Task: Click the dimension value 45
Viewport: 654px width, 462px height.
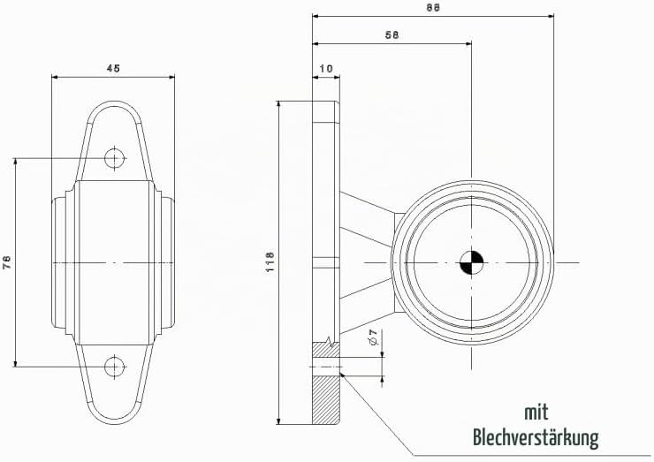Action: point(113,68)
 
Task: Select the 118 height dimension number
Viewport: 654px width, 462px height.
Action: point(270,262)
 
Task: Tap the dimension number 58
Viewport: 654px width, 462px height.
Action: point(392,35)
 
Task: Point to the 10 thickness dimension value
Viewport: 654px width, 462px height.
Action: point(326,68)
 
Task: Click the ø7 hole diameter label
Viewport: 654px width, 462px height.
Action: point(373,337)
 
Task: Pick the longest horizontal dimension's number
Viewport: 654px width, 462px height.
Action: point(433,7)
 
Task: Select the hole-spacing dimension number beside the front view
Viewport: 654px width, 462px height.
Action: point(7,262)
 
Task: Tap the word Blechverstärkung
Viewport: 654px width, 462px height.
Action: point(536,438)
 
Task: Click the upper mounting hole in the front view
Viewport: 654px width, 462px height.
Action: point(114,158)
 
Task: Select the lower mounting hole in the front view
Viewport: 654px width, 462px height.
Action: point(114,367)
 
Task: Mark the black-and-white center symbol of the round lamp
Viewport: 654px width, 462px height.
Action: point(471,262)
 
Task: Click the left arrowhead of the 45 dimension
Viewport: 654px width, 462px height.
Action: point(55,77)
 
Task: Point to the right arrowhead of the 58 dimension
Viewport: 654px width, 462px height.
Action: point(468,43)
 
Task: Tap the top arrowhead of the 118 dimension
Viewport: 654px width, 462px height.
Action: point(278,104)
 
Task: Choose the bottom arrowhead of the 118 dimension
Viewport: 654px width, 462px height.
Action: point(278,420)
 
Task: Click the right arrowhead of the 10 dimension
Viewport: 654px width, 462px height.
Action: point(337,77)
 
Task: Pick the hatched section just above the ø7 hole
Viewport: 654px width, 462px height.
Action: point(326,350)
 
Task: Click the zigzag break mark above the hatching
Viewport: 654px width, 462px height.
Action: point(331,341)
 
